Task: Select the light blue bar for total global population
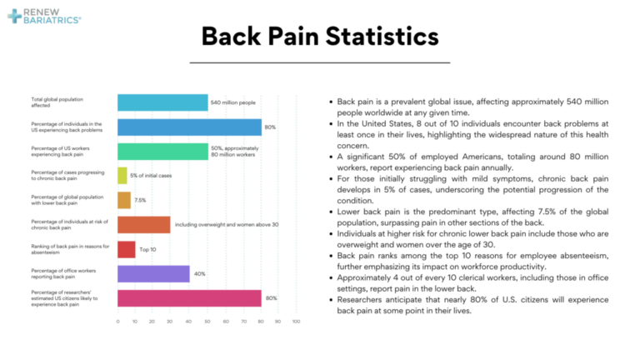point(162,102)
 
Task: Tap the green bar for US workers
point(162,151)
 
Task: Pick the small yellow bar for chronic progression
point(122,175)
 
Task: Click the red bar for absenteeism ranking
point(127,249)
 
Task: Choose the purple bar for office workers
point(153,273)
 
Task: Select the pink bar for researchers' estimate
point(189,297)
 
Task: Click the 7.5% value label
point(141,200)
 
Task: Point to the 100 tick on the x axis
point(296,321)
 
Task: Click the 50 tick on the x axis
point(207,321)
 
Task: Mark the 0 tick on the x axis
point(118,321)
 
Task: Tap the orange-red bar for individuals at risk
point(144,224)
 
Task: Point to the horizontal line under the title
point(319,62)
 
